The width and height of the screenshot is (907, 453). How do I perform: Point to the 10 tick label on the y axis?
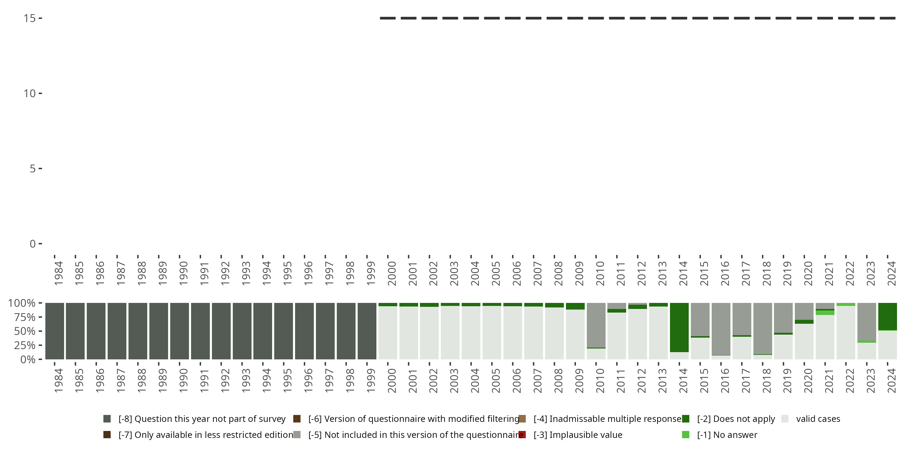point(30,93)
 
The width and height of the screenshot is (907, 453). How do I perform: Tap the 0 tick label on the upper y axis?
point(33,244)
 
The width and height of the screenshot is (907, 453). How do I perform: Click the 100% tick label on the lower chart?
point(22,303)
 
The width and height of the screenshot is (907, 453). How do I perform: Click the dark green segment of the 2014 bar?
point(679,327)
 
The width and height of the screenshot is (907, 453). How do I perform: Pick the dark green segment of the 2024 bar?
point(887,316)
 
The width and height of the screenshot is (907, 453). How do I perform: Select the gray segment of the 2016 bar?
point(721,329)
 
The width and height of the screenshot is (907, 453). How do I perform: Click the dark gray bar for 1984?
point(55,331)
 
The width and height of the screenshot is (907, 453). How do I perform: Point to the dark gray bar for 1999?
point(367,331)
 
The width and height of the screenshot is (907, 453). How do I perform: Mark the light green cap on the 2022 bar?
point(846,304)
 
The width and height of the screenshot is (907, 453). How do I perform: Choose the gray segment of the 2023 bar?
point(866,322)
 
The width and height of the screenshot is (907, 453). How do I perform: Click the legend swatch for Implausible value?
point(522,435)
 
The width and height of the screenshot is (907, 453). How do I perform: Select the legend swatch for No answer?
point(685,435)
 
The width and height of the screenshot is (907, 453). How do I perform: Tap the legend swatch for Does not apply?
point(685,419)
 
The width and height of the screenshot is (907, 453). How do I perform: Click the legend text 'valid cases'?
point(818,419)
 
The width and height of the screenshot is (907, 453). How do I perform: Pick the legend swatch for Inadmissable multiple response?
point(522,419)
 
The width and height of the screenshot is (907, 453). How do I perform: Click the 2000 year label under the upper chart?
point(392,273)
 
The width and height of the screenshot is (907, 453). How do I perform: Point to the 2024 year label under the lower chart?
point(891,381)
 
